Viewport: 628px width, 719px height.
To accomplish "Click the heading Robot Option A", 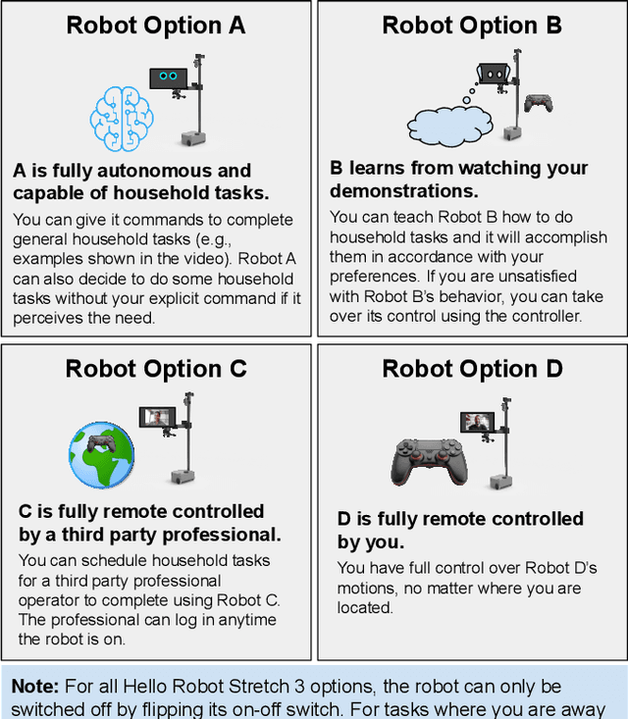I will pos(156,26).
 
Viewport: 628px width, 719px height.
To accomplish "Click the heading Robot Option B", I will pos(472,26).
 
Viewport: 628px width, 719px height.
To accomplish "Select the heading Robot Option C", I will pos(156,369).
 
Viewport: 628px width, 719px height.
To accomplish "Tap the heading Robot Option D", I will pos(472,369).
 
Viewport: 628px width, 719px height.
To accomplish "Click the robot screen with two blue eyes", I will pos(168,77).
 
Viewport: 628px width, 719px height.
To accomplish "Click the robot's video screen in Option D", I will pos(476,424).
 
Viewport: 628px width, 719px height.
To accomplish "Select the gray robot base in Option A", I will pos(190,134).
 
